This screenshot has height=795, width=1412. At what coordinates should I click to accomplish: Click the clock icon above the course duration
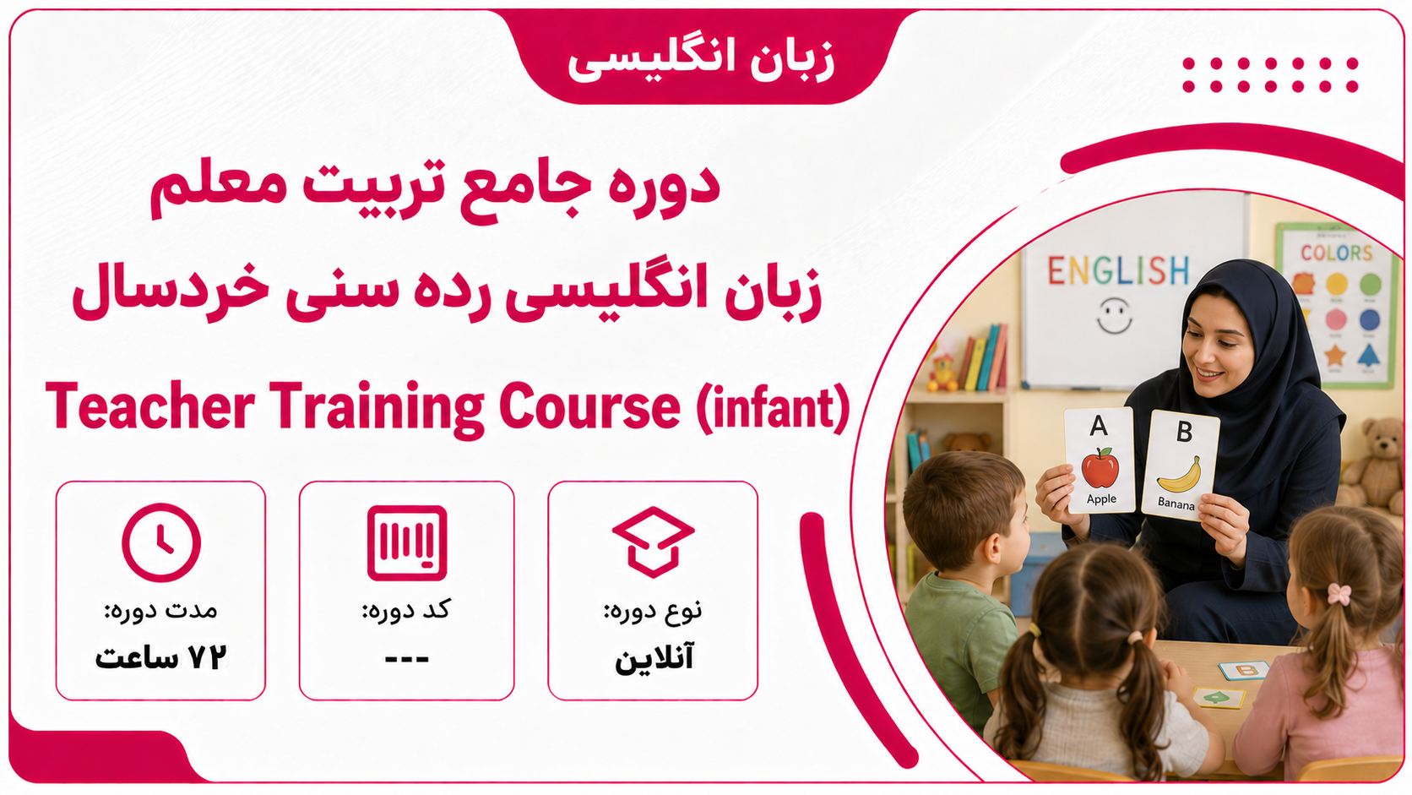(161, 542)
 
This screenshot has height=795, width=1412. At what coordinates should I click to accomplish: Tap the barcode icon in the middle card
(407, 543)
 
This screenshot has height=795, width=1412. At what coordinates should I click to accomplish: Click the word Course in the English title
(589, 407)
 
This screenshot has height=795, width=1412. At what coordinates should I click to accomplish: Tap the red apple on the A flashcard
(1100, 468)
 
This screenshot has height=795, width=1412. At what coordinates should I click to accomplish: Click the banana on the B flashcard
(1179, 476)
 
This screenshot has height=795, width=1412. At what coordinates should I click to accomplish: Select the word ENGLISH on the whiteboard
(1118, 270)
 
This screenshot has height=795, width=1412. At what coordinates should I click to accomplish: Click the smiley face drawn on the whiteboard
(1115, 316)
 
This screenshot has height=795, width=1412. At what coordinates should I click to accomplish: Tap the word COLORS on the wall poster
(1337, 253)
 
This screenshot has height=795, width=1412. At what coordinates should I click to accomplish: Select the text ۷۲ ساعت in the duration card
(160, 658)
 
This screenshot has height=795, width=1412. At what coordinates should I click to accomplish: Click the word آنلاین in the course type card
(654, 659)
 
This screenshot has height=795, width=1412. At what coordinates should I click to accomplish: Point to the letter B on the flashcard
(1185, 431)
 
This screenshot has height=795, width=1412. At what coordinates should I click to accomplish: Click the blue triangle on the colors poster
(1368, 356)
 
